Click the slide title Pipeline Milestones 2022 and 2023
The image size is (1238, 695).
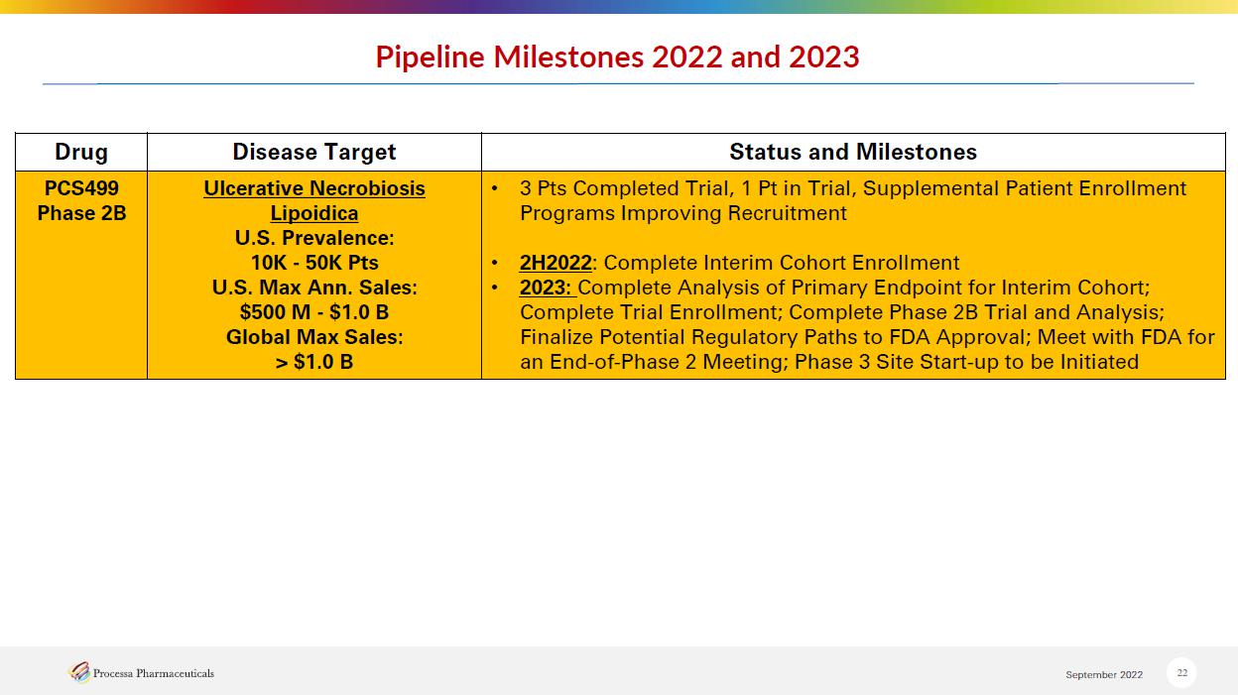(617, 57)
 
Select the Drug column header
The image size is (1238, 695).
(81, 152)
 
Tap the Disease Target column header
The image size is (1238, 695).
(313, 152)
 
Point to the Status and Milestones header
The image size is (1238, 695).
(853, 152)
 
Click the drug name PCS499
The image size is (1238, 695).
(81, 188)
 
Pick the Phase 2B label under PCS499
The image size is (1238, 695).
(81, 213)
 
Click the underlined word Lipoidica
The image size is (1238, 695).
(313, 214)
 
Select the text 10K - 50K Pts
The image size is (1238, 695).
(314, 263)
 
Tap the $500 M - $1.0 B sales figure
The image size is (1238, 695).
(314, 312)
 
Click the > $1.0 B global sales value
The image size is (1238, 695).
(314, 362)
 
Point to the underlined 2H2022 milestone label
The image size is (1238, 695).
(556, 263)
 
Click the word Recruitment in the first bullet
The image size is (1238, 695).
(787, 213)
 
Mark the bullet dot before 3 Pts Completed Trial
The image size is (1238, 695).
(495, 188)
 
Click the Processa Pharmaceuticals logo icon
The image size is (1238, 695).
(79, 672)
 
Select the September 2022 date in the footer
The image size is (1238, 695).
(1104, 674)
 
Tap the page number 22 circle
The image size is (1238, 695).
(1181, 672)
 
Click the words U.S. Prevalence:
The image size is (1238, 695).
(314, 238)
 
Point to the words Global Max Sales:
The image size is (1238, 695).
(314, 337)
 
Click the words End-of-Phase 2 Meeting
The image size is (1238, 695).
(669, 362)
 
